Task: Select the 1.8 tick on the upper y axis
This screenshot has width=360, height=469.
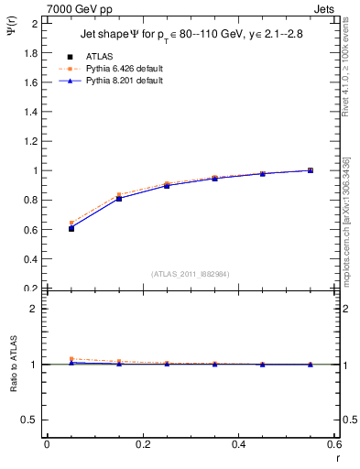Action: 30,52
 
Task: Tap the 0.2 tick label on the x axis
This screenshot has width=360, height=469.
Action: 142,444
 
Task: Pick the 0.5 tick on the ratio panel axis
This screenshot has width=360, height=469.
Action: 30,420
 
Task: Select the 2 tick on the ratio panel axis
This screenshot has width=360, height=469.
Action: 34,309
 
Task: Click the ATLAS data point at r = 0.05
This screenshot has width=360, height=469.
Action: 71,228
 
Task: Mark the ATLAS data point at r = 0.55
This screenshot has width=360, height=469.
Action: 311,170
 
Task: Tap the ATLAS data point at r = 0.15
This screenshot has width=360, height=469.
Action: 118,198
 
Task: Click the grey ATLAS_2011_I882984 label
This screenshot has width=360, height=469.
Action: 190,274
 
